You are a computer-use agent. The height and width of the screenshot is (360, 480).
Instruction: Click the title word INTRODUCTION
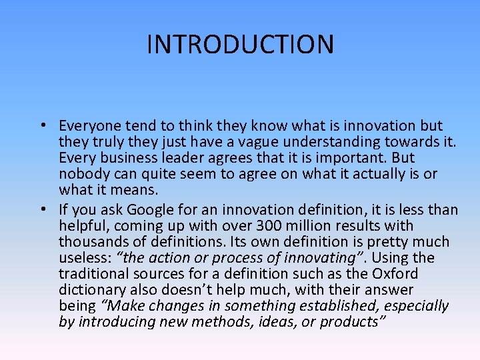point(240,45)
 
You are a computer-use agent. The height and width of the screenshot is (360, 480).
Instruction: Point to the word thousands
point(93,242)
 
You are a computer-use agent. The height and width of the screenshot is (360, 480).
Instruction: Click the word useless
point(83,258)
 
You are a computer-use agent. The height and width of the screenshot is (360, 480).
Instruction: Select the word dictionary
point(92,290)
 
